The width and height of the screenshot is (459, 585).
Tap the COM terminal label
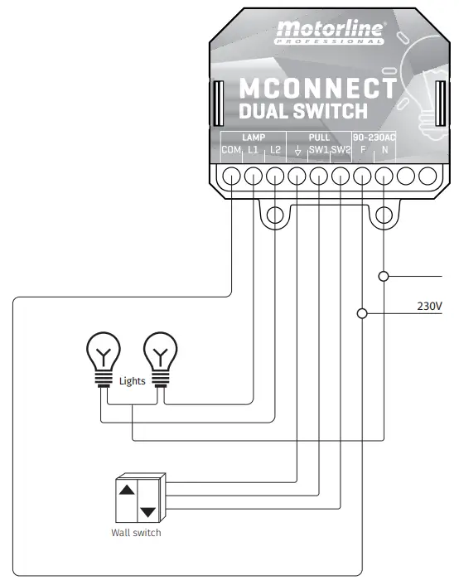230,150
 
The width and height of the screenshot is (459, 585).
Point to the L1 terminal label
253,150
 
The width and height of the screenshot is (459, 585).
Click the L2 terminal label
275,150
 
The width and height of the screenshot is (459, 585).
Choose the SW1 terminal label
318,150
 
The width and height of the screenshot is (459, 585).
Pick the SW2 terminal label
341,150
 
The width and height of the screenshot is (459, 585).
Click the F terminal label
363,150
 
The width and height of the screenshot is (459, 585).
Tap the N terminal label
384,150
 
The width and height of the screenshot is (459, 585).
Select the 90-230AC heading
374,137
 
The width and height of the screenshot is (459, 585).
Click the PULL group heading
319,137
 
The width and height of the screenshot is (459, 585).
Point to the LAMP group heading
253,137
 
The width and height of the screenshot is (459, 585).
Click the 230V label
429,307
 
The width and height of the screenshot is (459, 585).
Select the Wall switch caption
136,533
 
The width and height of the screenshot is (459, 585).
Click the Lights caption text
132,380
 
